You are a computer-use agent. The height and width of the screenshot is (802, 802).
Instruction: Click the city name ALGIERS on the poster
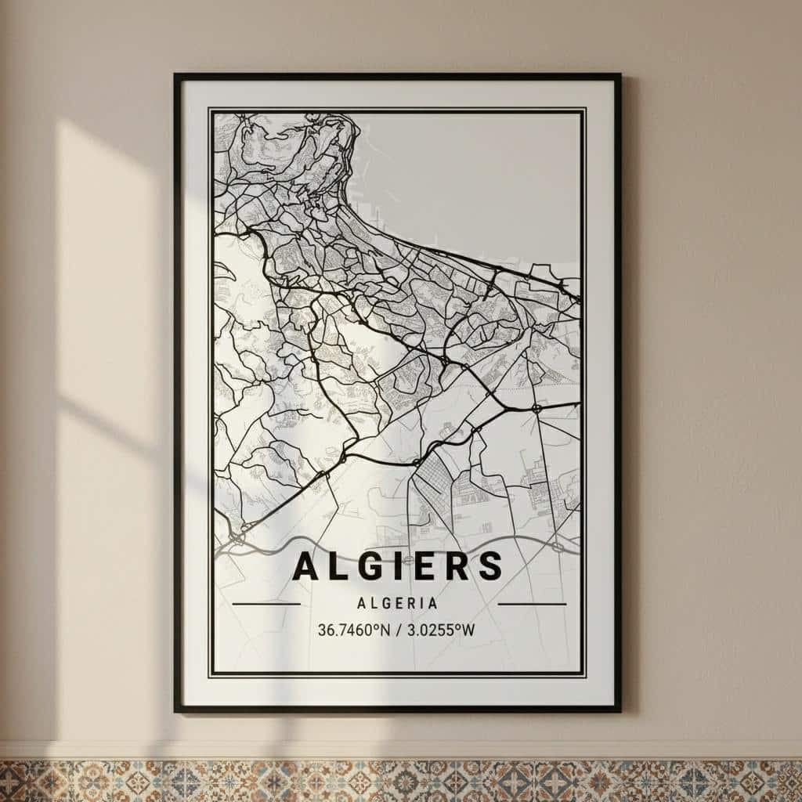click(x=397, y=566)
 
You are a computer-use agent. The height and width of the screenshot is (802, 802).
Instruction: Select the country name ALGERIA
click(x=397, y=604)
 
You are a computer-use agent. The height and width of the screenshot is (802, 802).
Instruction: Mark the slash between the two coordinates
click(x=398, y=629)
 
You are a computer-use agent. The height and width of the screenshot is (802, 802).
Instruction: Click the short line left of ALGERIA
click(x=266, y=604)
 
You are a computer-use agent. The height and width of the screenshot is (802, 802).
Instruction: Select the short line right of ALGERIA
click(x=532, y=604)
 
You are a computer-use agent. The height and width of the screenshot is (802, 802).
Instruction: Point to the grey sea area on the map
click(x=470, y=180)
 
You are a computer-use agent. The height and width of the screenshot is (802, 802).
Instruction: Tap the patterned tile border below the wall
click(x=401, y=780)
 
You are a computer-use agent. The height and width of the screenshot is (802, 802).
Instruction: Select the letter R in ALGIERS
click(x=458, y=566)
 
